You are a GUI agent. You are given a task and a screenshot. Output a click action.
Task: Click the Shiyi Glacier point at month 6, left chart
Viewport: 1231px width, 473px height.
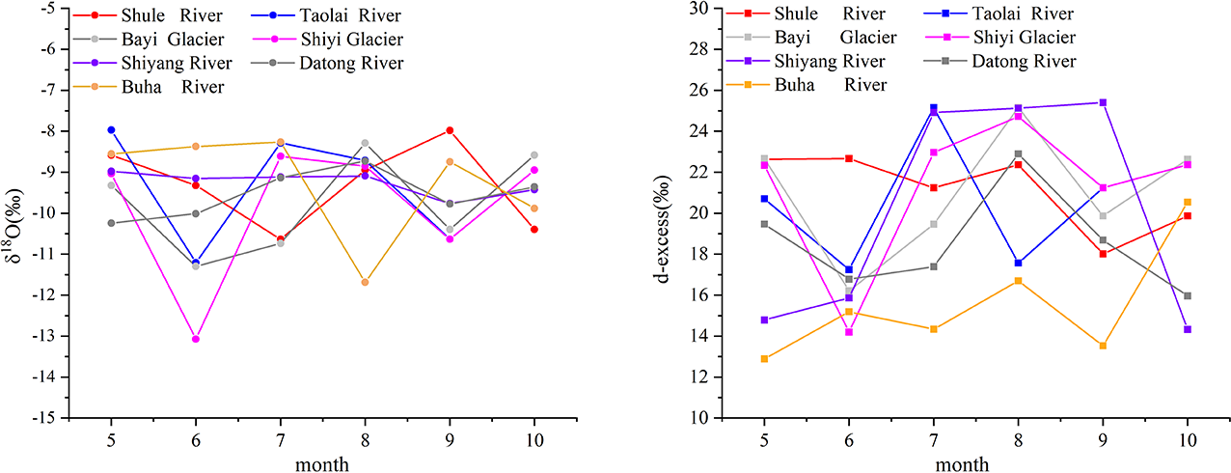tap(196, 339)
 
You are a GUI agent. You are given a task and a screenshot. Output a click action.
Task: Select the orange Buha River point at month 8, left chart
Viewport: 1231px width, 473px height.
tap(365, 282)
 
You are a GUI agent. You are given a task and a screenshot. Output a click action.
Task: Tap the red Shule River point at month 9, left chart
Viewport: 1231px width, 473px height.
tap(450, 130)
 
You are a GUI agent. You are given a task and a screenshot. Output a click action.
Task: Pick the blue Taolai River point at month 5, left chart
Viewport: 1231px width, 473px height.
tap(111, 129)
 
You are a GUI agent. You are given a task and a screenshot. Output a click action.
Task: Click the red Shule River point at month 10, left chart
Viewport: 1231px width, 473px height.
tap(534, 229)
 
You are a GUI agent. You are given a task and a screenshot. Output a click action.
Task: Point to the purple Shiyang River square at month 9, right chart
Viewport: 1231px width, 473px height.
tap(1103, 102)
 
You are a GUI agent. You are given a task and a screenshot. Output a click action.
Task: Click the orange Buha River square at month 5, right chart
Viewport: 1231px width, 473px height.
tap(764, 358)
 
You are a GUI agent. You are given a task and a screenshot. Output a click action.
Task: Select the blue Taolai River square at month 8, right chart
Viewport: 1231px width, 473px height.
tap(1018, 263)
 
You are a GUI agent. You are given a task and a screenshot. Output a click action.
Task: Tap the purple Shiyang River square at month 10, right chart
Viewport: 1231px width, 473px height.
tap(1188, 329)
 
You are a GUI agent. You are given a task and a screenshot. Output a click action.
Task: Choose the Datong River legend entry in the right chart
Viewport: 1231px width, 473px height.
tap(1023, 61)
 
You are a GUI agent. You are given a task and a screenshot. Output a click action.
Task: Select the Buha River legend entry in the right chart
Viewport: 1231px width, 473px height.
tap(816, 84)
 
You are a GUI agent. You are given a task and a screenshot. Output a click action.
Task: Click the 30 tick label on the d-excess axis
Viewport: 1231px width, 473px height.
tap(724, 9)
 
